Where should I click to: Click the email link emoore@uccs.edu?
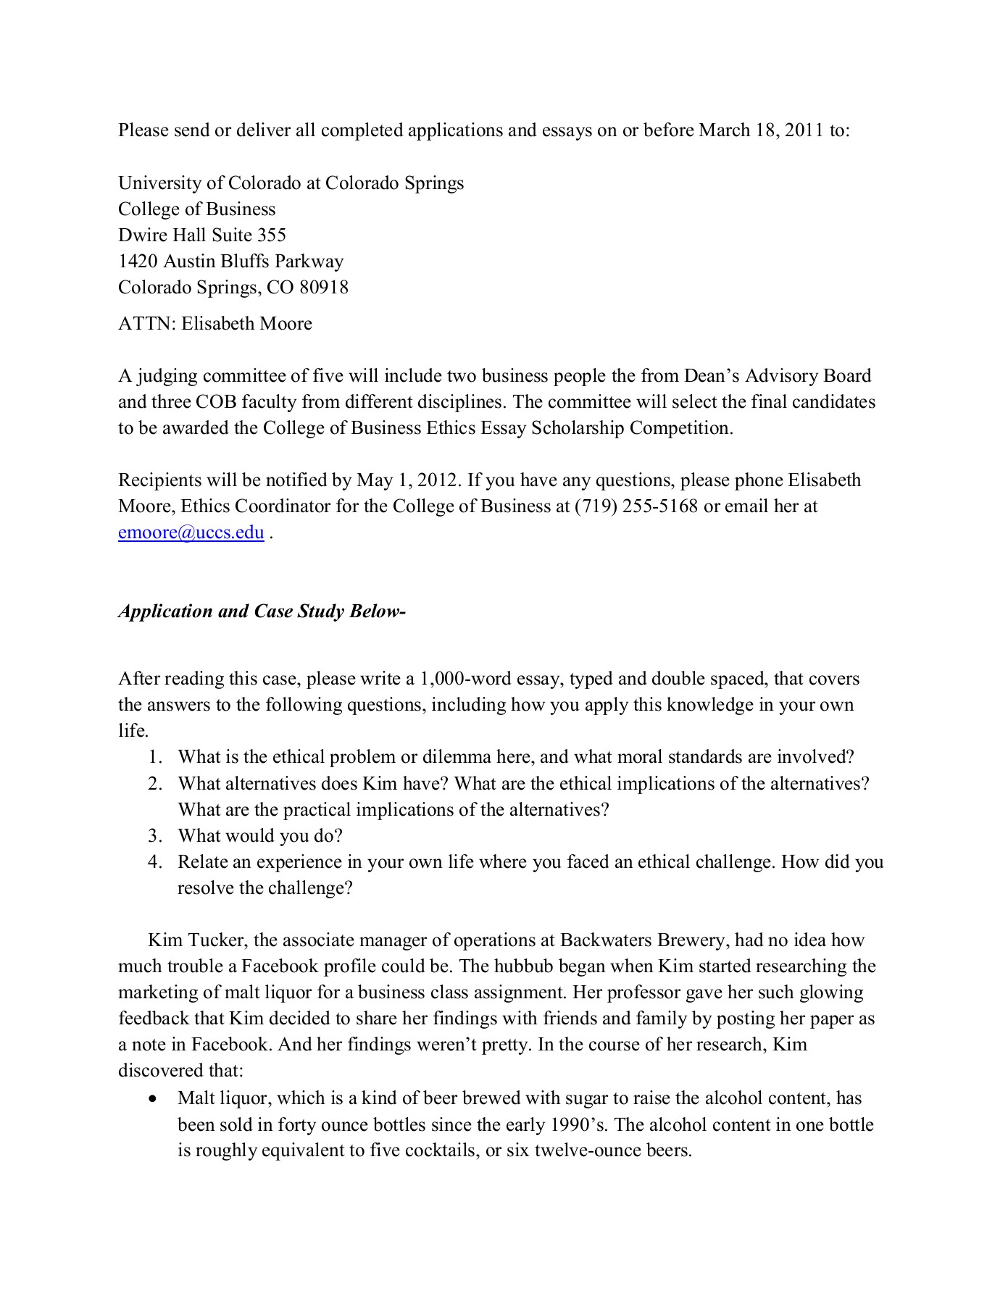tap(191, 533)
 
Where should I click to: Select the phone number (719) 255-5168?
tap(636, 506)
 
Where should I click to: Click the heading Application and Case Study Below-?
tap(262, 611)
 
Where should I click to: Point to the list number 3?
tap(154, 836)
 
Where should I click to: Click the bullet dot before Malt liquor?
tap(151, 1099)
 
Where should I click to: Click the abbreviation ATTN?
tap(147, 324)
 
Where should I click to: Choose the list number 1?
tap(154, 758)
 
